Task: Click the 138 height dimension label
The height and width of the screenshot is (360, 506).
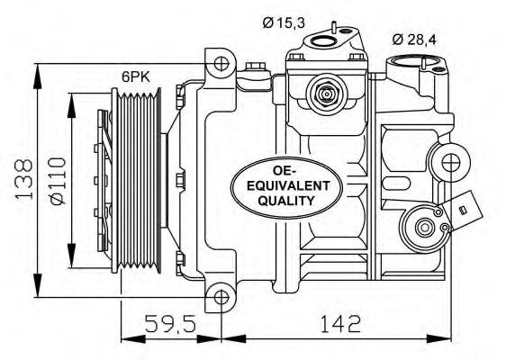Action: pos(24,178)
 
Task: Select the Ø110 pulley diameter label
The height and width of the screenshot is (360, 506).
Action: pos(58,181)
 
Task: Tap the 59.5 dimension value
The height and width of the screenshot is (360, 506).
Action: pos(170,323)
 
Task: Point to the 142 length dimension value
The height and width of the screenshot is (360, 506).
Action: pos(340,323)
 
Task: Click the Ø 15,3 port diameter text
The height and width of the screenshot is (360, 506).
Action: pos(284,22)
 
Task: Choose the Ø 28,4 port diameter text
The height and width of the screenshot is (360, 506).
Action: pos(414,40)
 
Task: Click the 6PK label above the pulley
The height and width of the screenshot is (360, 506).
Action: pos(136,76)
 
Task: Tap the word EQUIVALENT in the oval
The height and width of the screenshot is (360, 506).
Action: pos(288,185)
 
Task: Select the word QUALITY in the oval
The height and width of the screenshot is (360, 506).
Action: pos(286,201)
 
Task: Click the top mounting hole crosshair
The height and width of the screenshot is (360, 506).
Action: pos(221,64)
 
